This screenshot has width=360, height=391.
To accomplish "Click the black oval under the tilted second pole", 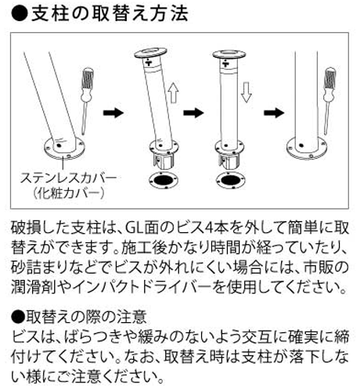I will pos(162,181).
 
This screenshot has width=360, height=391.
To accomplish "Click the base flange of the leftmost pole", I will pos(64,145).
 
